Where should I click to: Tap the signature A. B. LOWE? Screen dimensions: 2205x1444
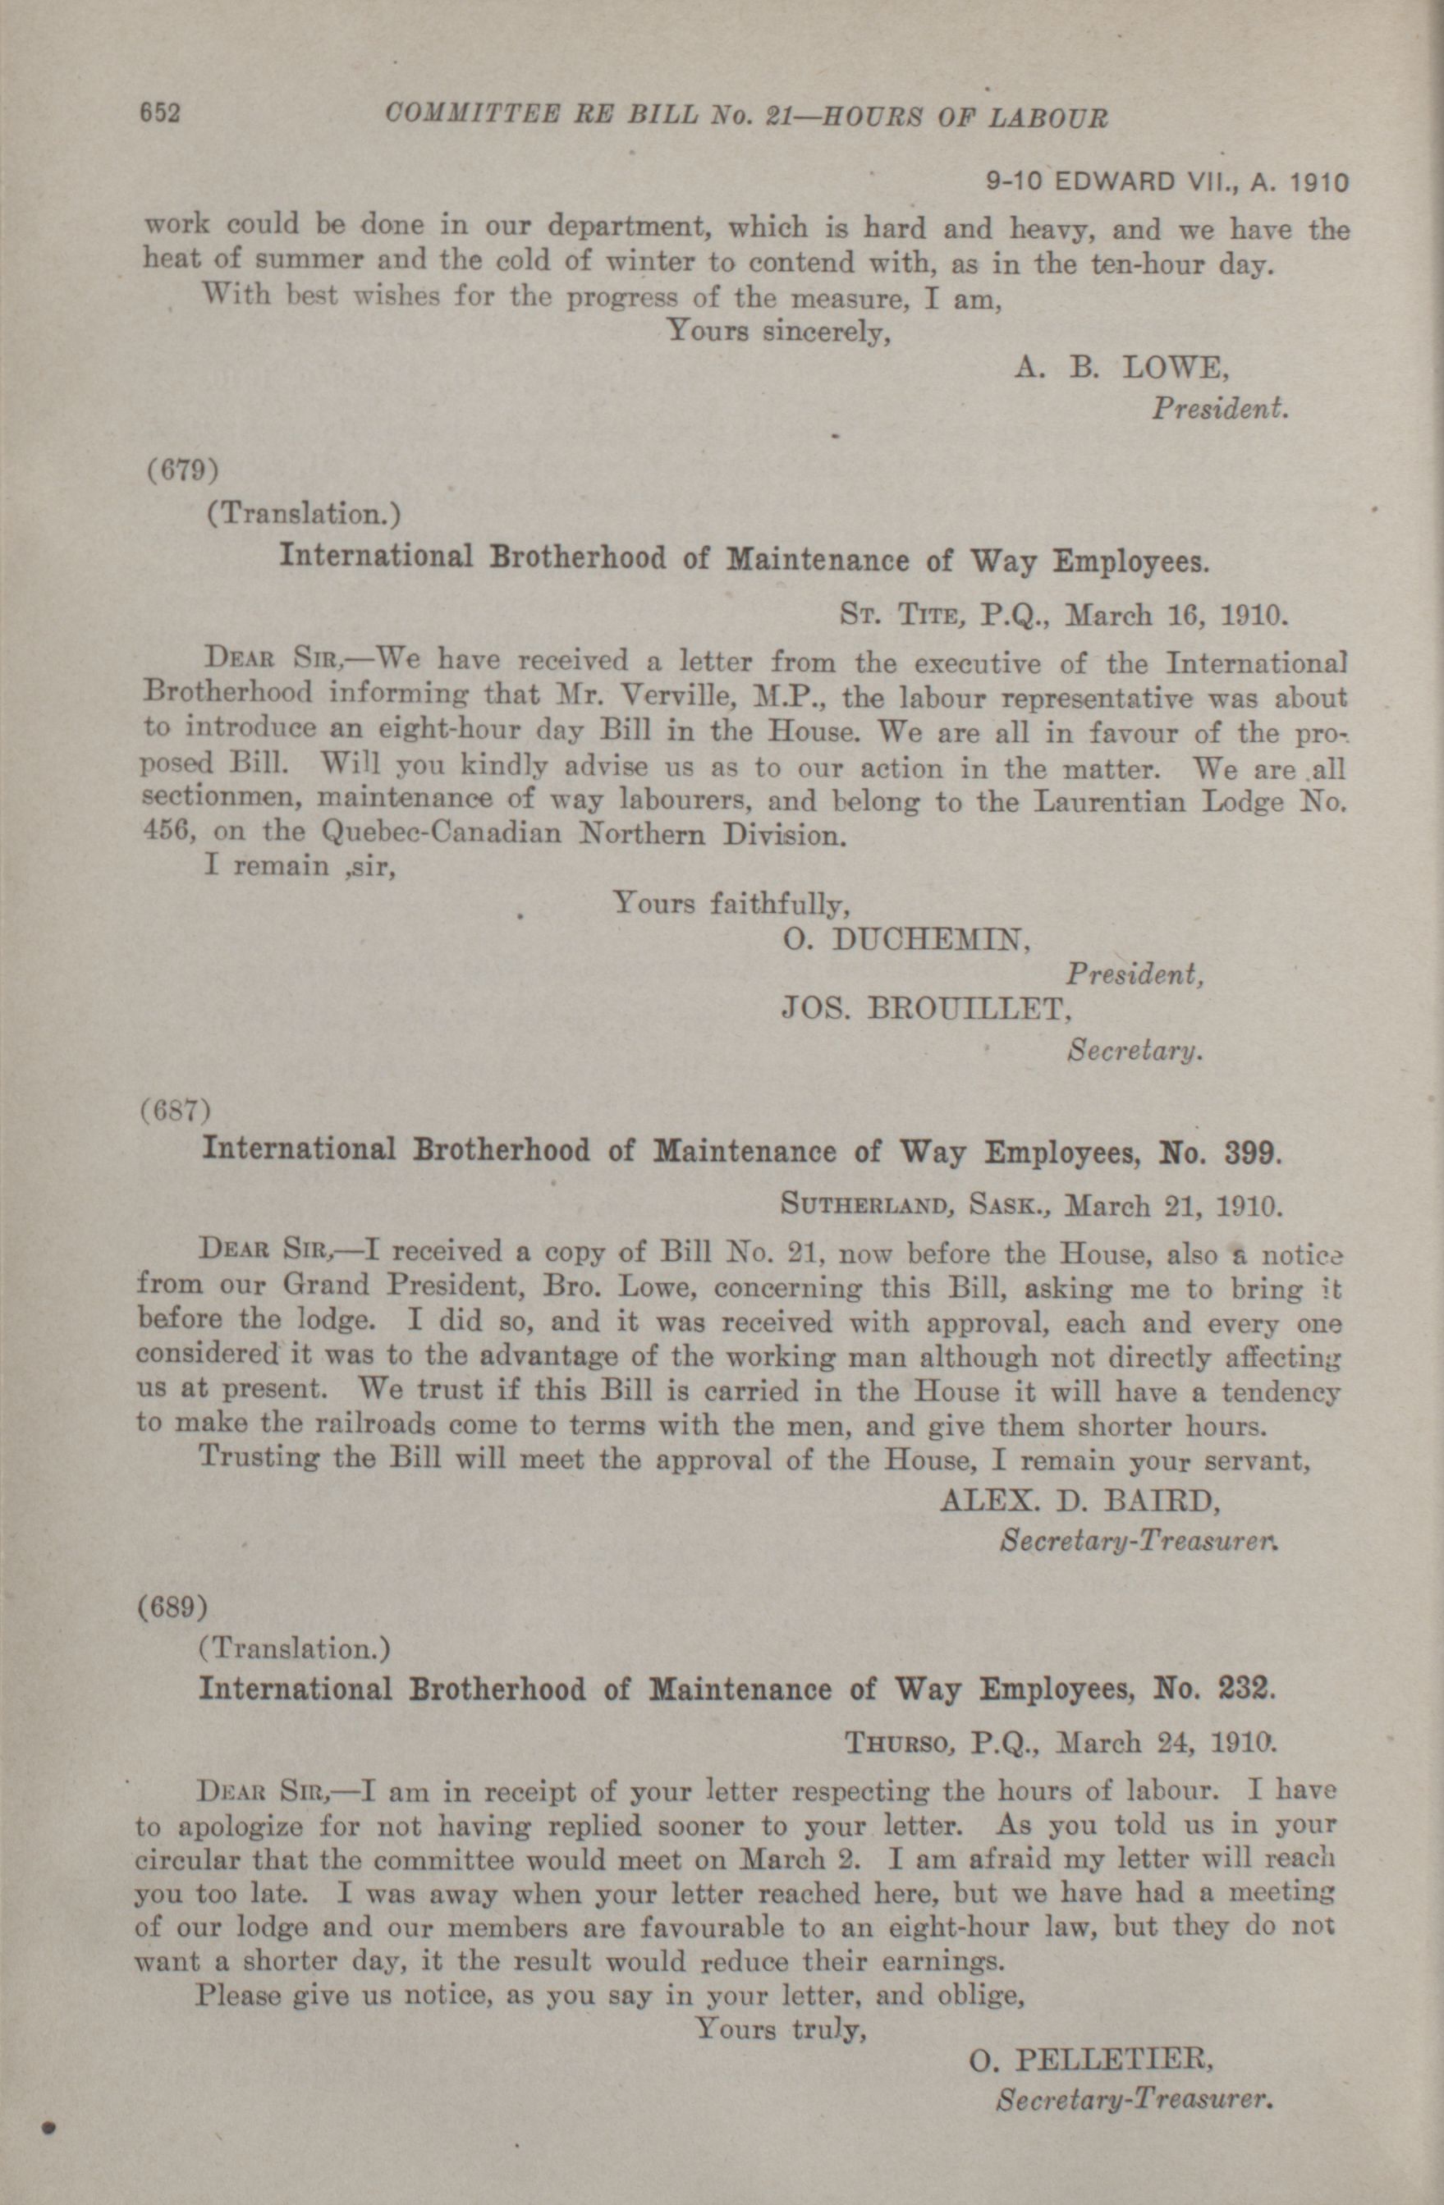1122,369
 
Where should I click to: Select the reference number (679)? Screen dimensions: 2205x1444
183,470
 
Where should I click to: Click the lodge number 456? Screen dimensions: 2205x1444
166,831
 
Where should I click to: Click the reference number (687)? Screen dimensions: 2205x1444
176,1109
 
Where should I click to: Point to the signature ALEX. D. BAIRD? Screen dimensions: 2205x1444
1075,1500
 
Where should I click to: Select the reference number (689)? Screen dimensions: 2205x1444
172,1607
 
